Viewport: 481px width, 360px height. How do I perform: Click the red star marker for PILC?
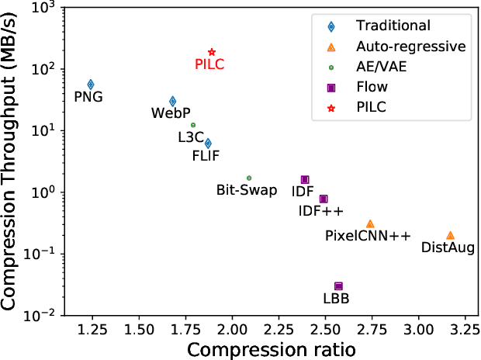pyautogui.click(x=212, y=51)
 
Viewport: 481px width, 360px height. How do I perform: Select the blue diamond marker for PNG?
pyautogui.click(x=91, y=84)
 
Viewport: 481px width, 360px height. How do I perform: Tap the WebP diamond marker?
pyautogui.click(x=172, y=101)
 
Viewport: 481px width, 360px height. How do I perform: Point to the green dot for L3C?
pyautogui.click(x=193, y=125)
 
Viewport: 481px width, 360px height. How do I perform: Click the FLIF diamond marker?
pyautogui.click(x=208, y=143)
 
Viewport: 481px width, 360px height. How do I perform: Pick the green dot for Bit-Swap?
pyautogui.click(x=249, y=178)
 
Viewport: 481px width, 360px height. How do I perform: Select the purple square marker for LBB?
pyautogui.click(x=338, y=286)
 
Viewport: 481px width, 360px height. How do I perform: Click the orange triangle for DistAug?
pyautogui.click(x=450, y=235)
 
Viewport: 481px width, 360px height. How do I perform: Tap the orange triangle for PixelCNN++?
pyautogui.click(x=370, y=223)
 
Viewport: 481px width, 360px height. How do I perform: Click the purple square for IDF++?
pyautogui.click(x=324, y=199)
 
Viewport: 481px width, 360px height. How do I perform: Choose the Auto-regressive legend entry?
pyautogui.click(x=396, y=47)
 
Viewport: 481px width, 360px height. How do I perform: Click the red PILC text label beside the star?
pyautogui.click(x=209, y=64)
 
